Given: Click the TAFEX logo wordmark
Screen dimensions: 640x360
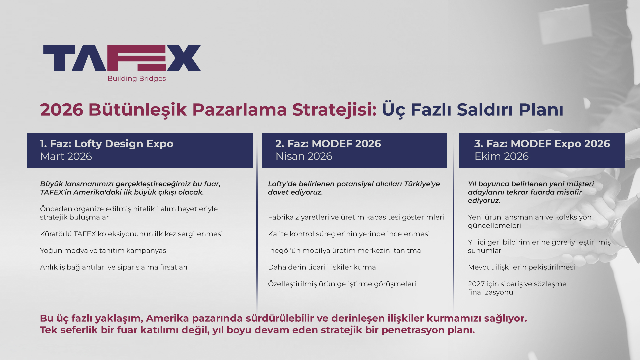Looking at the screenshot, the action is coord(122,58).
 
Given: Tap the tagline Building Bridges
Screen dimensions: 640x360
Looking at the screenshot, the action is coord(137,79).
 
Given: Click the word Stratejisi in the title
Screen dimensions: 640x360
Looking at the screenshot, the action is coord(334,110).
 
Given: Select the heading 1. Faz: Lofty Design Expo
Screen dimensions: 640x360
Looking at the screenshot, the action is coord(107,144).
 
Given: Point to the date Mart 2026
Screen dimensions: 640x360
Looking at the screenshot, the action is coord(66,156).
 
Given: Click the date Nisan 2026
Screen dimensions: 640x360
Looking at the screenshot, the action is coord(304,156).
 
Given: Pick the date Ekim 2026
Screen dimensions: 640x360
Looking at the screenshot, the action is coord(501,156).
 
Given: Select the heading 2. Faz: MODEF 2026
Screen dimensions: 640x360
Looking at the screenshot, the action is coord(328,144).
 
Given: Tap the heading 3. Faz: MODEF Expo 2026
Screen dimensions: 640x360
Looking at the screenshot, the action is coord(542,144).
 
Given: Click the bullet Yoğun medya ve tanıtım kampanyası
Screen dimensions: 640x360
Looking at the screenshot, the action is coord(104,251).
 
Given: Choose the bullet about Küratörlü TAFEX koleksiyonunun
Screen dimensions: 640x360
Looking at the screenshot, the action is coord(131,234).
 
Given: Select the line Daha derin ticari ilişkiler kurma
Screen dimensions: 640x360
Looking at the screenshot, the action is coord(322,267).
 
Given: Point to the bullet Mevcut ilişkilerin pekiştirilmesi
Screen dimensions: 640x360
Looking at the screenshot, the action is coord(521,267).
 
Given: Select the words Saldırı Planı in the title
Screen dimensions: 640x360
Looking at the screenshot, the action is coord(510,110).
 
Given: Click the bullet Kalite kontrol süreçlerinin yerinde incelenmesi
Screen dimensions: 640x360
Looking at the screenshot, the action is coord(349,234).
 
